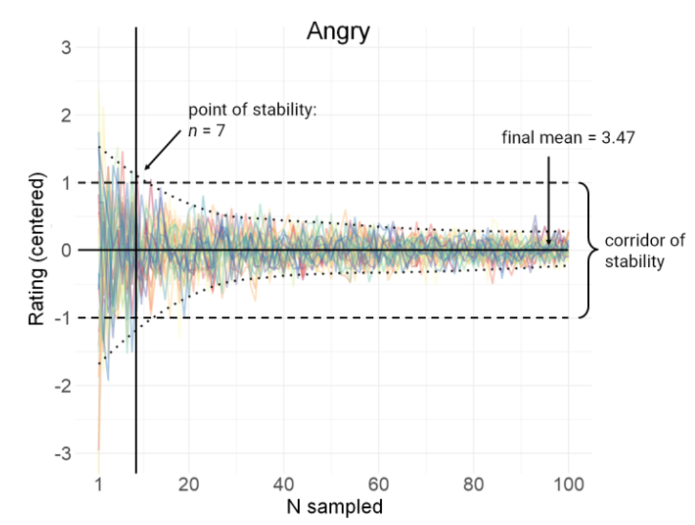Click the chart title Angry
pyautogui.click(x=337, y=31)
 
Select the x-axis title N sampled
pyautogui.click(x=335, y=507)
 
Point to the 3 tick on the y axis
pyautogui.click(x=68, y=48)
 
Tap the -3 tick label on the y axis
pyautogui.click(x=64, y=453)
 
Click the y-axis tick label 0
pyautogui.click(x=68, y=250)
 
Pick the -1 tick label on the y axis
pyautogui.click(x=64, y=318)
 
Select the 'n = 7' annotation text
pyautogui.click(x=207, y=130)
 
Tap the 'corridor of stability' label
pyautogui.click(x=635, y=251)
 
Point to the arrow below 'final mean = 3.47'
pyautogui.click(x=548, y=199)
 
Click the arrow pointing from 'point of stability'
pyautogui.click(x=162, y=149)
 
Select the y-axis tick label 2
pyautogui.click(x=68, y=115)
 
